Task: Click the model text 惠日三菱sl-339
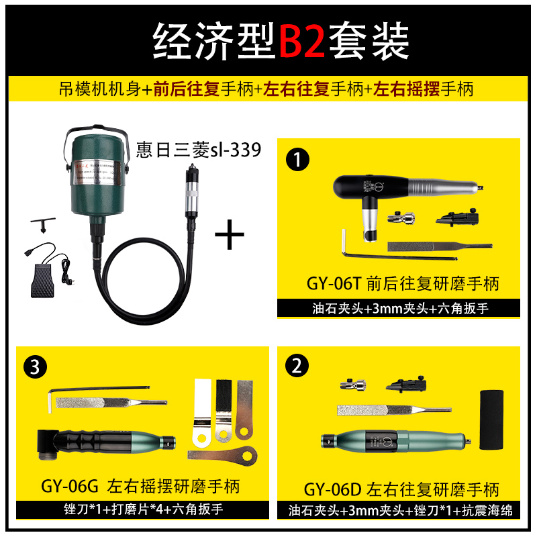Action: point(198,150)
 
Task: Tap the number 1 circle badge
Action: point(296,160)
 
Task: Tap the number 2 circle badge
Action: point(296,367)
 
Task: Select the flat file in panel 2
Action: point(389,409)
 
